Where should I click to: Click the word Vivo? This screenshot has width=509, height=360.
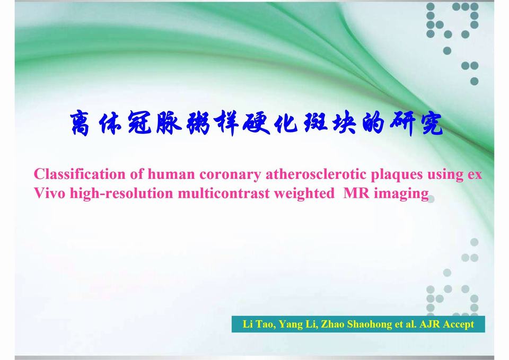pos(50,193)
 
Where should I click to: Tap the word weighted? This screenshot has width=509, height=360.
pos(304,194)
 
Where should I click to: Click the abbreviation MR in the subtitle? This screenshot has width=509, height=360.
pos(356,193)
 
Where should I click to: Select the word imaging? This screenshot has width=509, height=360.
pos(401,194)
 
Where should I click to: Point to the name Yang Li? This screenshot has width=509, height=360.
pos(297,324)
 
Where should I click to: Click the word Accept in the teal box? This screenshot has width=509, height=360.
pos(459,324)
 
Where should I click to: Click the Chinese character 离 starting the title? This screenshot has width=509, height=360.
pos(80,124)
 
